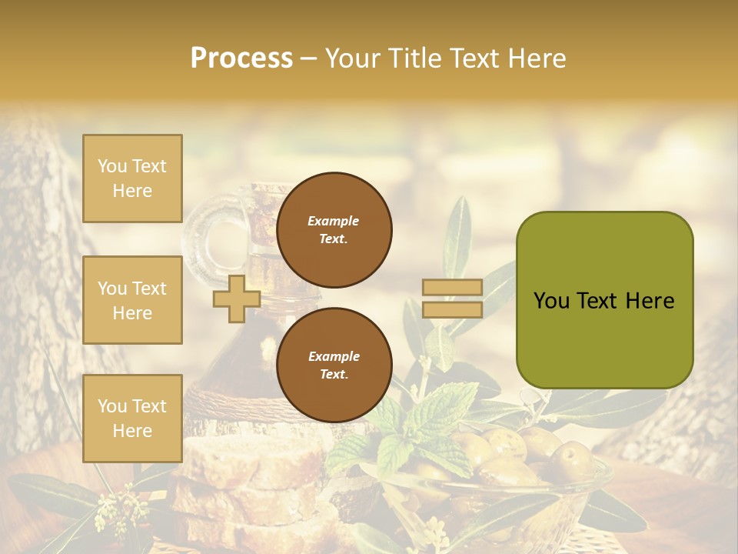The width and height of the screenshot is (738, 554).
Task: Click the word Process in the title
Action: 241,58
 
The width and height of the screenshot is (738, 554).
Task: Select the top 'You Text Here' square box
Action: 132,179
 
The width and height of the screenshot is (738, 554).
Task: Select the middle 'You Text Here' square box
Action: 132,300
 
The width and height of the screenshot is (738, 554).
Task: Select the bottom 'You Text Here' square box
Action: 132,419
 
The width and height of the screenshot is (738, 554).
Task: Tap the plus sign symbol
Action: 236,299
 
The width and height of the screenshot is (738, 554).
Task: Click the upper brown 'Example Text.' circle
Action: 334,229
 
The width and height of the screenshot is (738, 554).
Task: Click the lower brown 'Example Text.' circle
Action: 334,365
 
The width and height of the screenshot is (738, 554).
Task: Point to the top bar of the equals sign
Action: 452,287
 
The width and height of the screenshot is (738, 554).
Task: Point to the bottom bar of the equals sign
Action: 452,309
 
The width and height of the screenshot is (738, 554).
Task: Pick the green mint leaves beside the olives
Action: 419,423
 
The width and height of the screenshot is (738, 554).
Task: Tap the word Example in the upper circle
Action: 334,221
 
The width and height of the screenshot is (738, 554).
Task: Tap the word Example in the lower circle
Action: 334,356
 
